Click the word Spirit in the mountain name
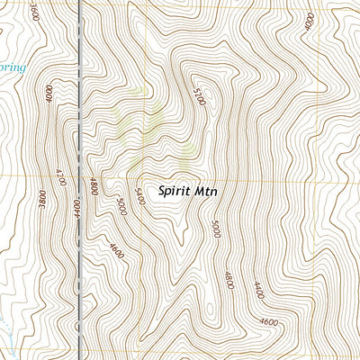pyautogui.click(x=174, y=191)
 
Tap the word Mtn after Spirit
pyautogui.click(x=205, y=191)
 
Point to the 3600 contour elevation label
pyautogui.click(x=33, y=12)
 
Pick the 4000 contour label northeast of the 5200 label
pyautogui.click(x=310, y=20)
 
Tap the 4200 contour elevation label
pyautogui.click(x=60, y=176)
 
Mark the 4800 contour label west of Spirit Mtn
pyautogui.click(x=94, y=186)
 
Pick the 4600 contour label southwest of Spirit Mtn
pyautogui.click(x=115, y=248)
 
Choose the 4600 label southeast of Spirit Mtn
pyautogui.click(x=267, y=321)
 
